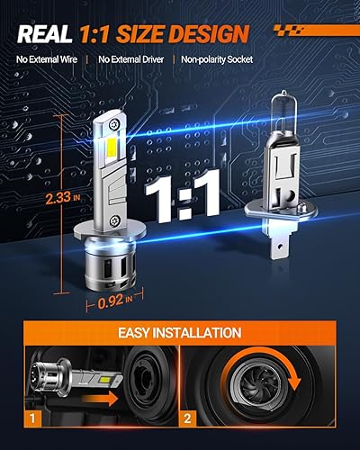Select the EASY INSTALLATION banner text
point(180,333)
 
